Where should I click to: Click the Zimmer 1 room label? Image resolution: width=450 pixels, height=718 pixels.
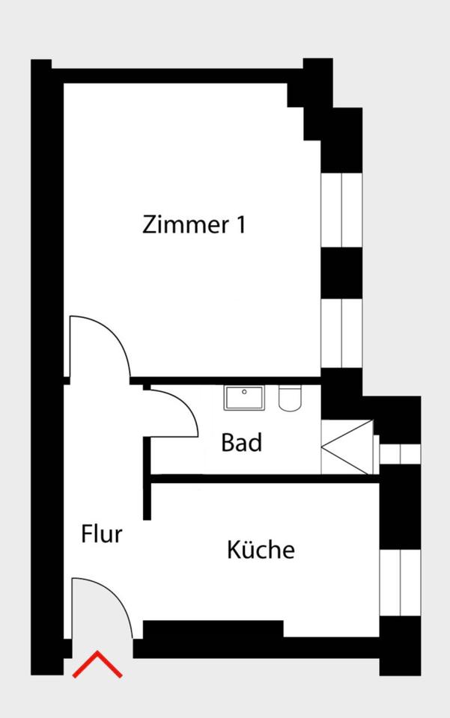click(194, 225)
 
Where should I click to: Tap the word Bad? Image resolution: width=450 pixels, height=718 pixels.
click(242, 442)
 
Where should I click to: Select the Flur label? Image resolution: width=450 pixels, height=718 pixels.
click(102, 534)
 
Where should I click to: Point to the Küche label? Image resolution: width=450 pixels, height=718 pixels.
click(261, 549)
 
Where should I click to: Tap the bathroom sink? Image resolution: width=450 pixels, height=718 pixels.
click(244, 398)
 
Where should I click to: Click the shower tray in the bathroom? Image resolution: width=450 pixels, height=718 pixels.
click(347, 447)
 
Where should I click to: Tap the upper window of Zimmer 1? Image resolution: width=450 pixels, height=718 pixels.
click(341, 210)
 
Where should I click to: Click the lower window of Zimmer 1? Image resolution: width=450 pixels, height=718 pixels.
click(341, 333)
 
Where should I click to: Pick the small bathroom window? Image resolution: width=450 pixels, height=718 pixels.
click(400, 454)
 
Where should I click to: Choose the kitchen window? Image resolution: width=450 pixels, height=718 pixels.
click(400, 583)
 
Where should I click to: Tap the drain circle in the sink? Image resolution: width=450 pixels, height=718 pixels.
click(244, 392)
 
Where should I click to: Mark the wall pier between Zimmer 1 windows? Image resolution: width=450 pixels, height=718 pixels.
click(341, 273)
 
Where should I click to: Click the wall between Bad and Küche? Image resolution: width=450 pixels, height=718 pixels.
click(265, 479)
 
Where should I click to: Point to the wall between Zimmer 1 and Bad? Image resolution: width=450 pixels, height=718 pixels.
click(225, 381)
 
